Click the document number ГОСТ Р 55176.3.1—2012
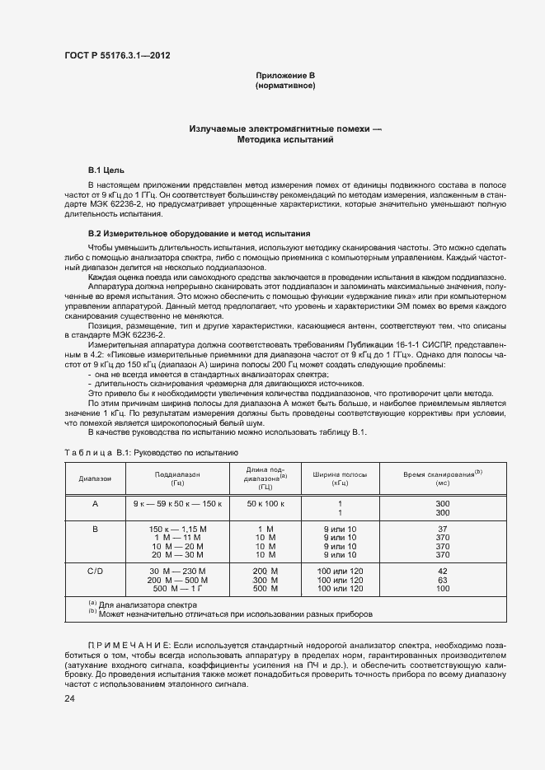pyautogui.click(x=117, y=56)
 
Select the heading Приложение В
pyautogui.click(x=285, y=76)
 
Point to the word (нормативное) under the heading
pyautogui.click(x=285, y=86)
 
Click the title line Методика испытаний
pyautogui.click(x=285, y=141)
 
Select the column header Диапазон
pyautogui.click(x=95, y=478)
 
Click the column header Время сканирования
pyautogui.click(x=442, y=475)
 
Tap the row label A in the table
pyautogui.click(x=95, y=503)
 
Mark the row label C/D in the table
pyautogui.click(x=95, y=571)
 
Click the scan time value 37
pyautogui.click(x=442, y=529)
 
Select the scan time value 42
pyautogui.click(x=442, y=571)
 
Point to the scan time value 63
pyautogui.click(x=442, y=580)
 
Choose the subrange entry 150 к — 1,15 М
pyautogui.click(x=177, y=529)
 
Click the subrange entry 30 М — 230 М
pyautogui.click(x=177, y=571)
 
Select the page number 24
pyautogui.click(x=69, y=699)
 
